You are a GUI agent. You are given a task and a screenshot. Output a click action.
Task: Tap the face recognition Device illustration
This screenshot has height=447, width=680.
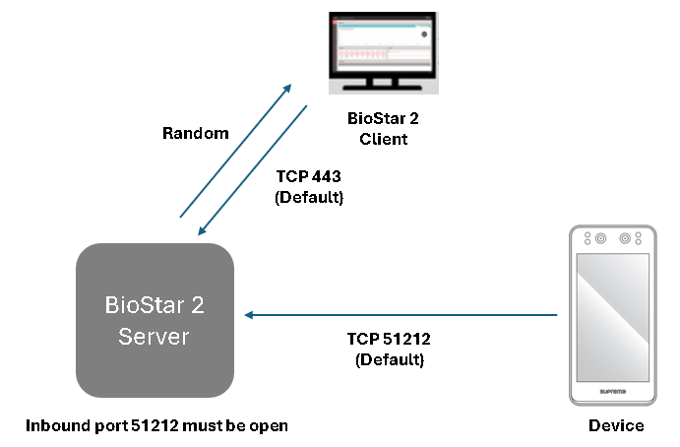[611, 315]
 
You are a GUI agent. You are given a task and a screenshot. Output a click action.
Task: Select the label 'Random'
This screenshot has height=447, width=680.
[196, 133]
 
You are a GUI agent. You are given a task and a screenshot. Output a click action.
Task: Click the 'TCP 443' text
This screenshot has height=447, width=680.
[310, 178]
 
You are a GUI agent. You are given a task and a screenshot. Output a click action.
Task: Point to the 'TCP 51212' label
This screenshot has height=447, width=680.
[389, 340]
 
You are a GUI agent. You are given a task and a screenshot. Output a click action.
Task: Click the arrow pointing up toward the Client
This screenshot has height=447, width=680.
[236, 149]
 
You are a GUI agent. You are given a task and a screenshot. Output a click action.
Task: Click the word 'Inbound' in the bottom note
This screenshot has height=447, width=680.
[54, 425]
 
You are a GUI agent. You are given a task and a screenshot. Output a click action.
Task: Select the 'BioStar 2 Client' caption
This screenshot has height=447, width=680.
[384, 128]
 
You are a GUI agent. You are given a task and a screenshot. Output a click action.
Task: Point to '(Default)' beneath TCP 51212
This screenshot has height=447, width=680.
[389, 359]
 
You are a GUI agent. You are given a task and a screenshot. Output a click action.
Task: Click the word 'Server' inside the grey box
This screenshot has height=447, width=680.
[155, 337]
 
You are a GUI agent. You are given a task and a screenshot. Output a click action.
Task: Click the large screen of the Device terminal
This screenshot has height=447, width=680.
[611, 315]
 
